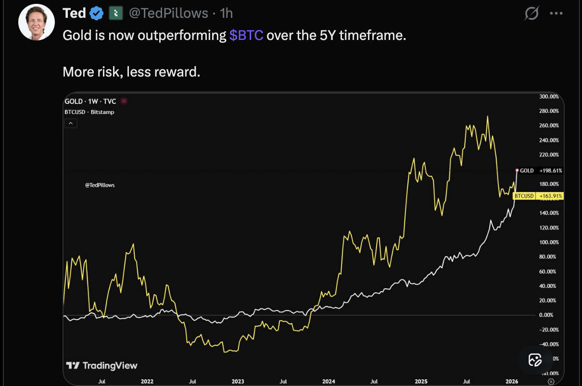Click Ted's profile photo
point(37,22)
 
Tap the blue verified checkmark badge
point(97,13)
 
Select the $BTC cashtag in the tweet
point(246,36)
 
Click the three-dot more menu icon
point(556,14)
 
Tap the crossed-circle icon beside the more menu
point(531,14)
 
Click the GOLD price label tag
point(527,171)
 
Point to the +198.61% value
point(551,171)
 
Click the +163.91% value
point(551,196)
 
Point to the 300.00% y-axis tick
point(549,97)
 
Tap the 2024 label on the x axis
point(329,381)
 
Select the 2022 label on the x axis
point(147,381)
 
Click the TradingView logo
point(101,366)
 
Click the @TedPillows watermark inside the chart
point(100,185)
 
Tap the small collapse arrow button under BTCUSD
point(70,123)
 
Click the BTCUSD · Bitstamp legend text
point(89,112)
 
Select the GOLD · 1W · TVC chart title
point(90,101)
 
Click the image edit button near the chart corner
point(535,360)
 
